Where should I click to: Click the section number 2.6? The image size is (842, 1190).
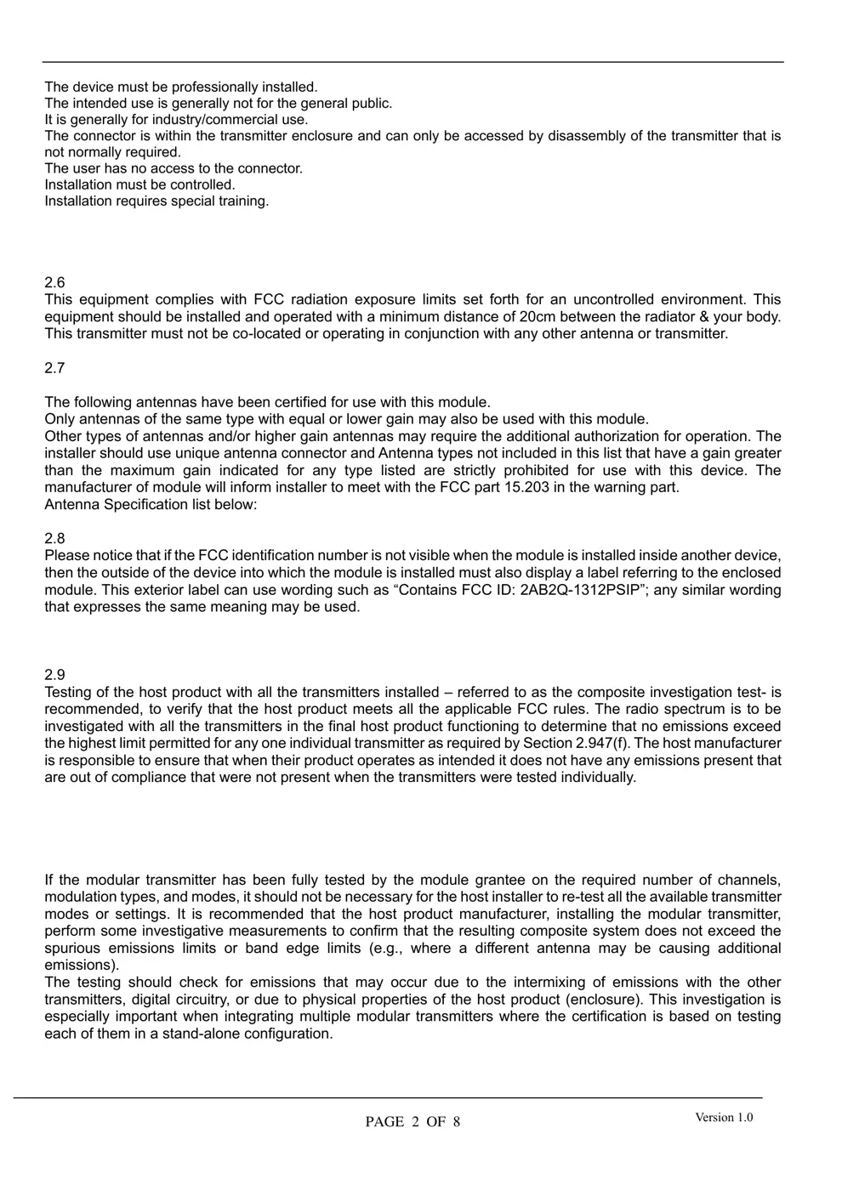pyautogui.click(x=54, y=282)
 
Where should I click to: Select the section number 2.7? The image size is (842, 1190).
pyautogui.click(x=54, y=368)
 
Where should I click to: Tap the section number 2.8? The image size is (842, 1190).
pyautogui.click(x=54, y=538)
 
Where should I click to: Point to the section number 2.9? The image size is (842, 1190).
pyautogui.click(x=54, y=674)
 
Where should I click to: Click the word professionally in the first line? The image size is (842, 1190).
pyautogui.click(x=212, y=87)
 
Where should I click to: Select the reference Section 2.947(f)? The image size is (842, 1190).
pyautogui.click(x=579, y=743)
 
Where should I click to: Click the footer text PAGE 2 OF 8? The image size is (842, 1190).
pyautogui.click(x=412, y=1122)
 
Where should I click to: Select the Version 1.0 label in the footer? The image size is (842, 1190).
pyautogui.click(x=724, y=1117)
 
